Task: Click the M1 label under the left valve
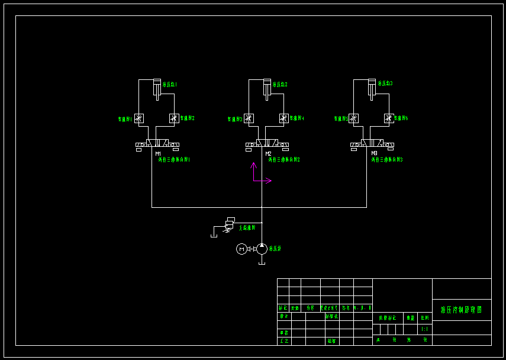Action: click(158, 154)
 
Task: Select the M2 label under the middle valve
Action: click(268, 154)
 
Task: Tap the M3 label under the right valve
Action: click(374, 154)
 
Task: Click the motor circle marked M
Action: click(241, 249)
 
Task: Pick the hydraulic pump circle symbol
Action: click(262, 249)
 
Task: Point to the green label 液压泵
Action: click(275, 249)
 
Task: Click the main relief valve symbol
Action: click(229, 224)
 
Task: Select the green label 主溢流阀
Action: click(247, 227)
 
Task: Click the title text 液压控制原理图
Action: click(462, 310)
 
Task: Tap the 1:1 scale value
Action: click(424, 329)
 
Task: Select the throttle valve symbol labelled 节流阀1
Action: click(138, 118)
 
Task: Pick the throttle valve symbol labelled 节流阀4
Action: click(283, 118)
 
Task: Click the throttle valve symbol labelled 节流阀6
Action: click(389, 118)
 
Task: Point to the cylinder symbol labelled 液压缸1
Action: click(157, 87)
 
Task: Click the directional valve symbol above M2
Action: click(267, 144)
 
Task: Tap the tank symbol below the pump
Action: click(262, 263)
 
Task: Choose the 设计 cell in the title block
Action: click(284, 317)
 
